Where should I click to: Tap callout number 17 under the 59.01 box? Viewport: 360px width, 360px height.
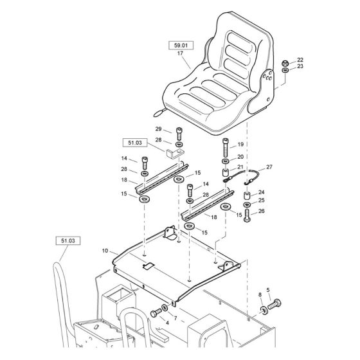pyautogui.click(x=180, y=55)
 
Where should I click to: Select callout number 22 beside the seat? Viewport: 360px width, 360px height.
pyautogui.click(x=300, y=60)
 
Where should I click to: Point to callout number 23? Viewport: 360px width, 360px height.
pyautogui.click(x=300, y=67)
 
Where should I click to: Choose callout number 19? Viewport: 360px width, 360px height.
pyautogui.click(x=240, y=145)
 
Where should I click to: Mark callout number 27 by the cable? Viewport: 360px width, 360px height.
pyautogui.click(x=269, y=167)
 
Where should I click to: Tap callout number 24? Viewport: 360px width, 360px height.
pyautogui.click(x=262, y=192)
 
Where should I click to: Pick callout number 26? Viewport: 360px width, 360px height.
pyautogui.click(x=262, y=210)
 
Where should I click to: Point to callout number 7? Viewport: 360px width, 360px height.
pyautogui.click(x=175, y=318)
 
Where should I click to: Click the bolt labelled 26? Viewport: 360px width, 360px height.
pyautogui.click(x=248, y=214)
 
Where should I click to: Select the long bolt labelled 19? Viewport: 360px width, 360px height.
pyautogui.click(x=226, y=146)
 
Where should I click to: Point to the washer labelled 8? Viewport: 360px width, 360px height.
pyautogui.click(x=264, y=311)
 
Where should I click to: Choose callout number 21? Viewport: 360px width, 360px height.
pyautogui.click(x=240, y=168)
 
